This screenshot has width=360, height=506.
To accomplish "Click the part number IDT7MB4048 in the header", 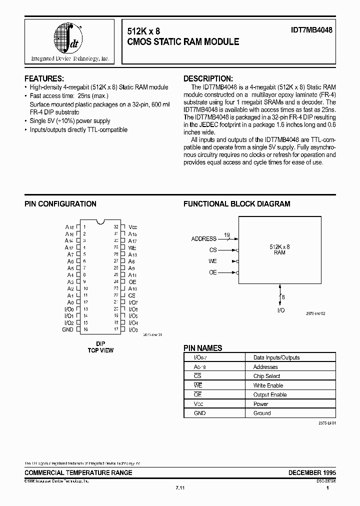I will (x=312, y=30).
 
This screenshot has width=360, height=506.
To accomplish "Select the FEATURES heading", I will (x=44, y=78).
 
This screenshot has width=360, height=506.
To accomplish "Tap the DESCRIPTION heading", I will (x=207, y=78).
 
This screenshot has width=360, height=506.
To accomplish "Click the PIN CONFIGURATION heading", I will (x=60, y=204).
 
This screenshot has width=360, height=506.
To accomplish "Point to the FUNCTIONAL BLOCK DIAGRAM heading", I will (x=236, y=204).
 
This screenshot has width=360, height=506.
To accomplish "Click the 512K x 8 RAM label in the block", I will (x=279, y=249).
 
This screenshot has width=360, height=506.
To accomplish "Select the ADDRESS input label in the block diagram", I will (x=204, y=238).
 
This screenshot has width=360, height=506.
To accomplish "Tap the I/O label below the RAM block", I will (x=281, y=310).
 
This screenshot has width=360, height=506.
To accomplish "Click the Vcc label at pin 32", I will (x=132, y=227).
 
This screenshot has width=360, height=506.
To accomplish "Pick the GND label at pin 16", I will (x=67, y=329).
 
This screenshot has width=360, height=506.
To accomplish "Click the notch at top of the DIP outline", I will (x=101, y=221).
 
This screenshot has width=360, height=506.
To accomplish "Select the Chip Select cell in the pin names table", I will (x=266, y=376).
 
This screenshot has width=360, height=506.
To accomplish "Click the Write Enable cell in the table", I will (x=268, y=385).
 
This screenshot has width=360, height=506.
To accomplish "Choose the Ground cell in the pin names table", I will (x=261, y=413).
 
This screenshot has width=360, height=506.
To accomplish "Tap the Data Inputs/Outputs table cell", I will (x=276, y=357).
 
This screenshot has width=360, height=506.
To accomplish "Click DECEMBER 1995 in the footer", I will (x=312, y=472).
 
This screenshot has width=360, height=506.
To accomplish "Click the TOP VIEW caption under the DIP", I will (x=100, y=350).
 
